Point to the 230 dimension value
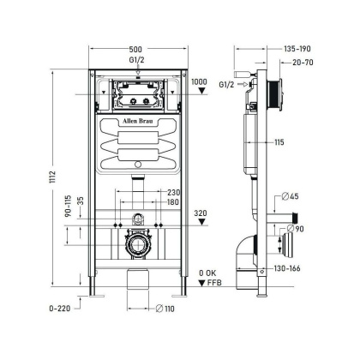[x=174, y=192]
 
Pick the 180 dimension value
[x=174, y=202]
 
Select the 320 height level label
[x=200, y=212]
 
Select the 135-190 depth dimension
[x=297, y=49]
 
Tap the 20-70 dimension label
[x=300, y=63]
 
